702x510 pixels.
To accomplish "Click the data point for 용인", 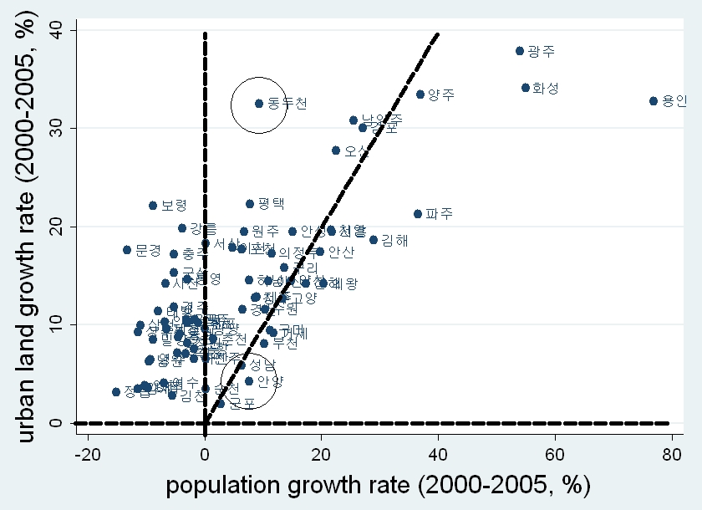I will pos(654,101).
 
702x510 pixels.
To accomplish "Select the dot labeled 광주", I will pos(520,51).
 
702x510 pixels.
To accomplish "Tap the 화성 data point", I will pos(526,87).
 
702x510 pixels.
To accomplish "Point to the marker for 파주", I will pos(418,214).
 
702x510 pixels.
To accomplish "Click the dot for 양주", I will pos(420,94).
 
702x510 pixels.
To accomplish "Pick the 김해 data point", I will pos(374,240).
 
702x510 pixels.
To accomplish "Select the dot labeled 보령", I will pos(153,205).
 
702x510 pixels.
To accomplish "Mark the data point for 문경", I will pos(127,250).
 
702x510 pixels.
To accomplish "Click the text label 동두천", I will pos(287,104).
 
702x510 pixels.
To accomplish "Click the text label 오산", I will pos(356,151).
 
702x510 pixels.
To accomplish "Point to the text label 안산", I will pos(341,252).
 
